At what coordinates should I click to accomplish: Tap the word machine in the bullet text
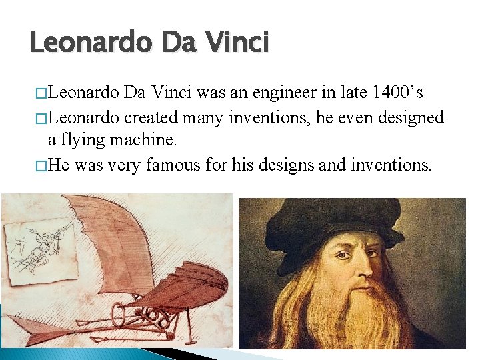[146, 139]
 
